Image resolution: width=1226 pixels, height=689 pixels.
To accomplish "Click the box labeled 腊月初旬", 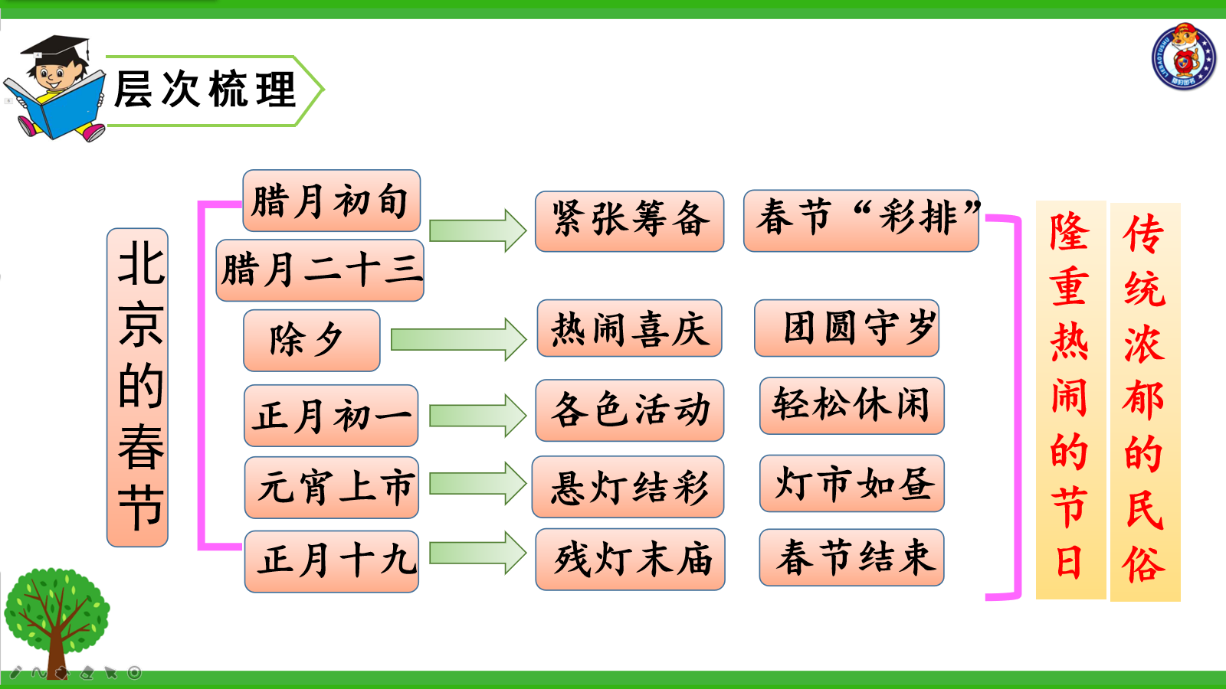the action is [x=332, y=201].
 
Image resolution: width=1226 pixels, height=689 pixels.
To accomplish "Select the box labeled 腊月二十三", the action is [x=320, y=270].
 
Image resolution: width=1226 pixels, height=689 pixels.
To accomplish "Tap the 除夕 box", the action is [x=311, y=340].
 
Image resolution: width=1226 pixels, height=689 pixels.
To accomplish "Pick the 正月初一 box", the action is [x=331, y=416].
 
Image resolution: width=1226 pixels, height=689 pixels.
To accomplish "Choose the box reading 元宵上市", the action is [x=332, y=487].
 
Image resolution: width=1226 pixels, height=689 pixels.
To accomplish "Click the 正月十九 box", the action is [x=332, y=561].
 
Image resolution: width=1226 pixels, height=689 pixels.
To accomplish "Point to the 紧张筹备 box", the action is [x=629, y=221].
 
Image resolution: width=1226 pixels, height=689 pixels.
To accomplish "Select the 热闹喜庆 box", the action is [x=629, y=328].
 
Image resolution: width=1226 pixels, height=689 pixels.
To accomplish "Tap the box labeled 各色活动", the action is [x=629, y=410].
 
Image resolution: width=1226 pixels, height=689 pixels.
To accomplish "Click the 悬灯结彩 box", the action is [x=628, y=487].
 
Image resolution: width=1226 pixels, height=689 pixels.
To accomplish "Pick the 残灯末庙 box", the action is [x=630, y=560].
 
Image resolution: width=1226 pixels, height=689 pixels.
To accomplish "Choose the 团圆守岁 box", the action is [x=847, y=328].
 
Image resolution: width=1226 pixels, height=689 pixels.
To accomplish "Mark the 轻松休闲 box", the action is [x=852, y=406].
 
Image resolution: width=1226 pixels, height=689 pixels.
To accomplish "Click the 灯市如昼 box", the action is [x=852, y=483].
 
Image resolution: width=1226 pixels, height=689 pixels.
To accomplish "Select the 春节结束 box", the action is [x=851, y=557].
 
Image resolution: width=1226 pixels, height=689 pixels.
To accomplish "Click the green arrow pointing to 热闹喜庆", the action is [x=459, y=340].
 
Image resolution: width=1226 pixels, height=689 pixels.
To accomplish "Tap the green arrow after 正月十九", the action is [x=478, y=553].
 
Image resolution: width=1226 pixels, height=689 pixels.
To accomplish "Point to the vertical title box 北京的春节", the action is [x=137, y=387].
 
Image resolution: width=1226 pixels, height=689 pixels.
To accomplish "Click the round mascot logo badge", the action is [x=1183, y=57].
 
